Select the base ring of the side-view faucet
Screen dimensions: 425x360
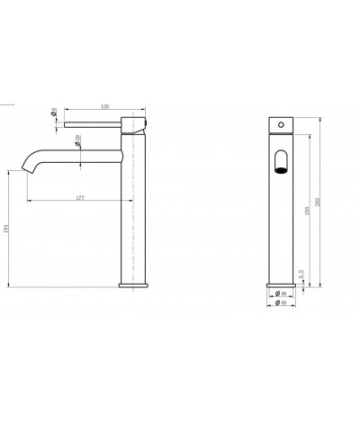tap(132, 285)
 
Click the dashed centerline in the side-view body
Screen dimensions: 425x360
tap(132, 207)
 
